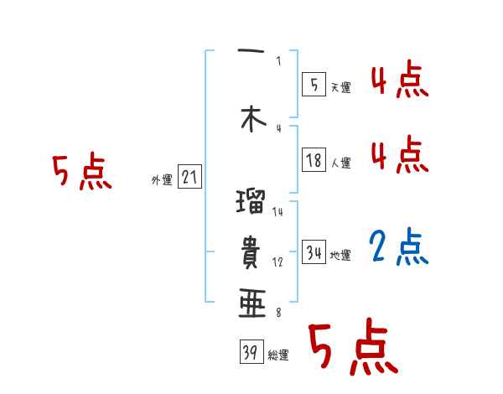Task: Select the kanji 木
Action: [x=251, y=121]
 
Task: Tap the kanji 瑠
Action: [x=251, y=204]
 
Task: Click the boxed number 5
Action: [x=314, y=85]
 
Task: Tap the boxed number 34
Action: [x=314, y=251]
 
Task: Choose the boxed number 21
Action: [x=189, y=178]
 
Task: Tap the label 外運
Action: [x=162, y=179]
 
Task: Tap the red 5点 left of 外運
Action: [x=81, y=171]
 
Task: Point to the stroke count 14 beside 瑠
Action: [x=277, y=212]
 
